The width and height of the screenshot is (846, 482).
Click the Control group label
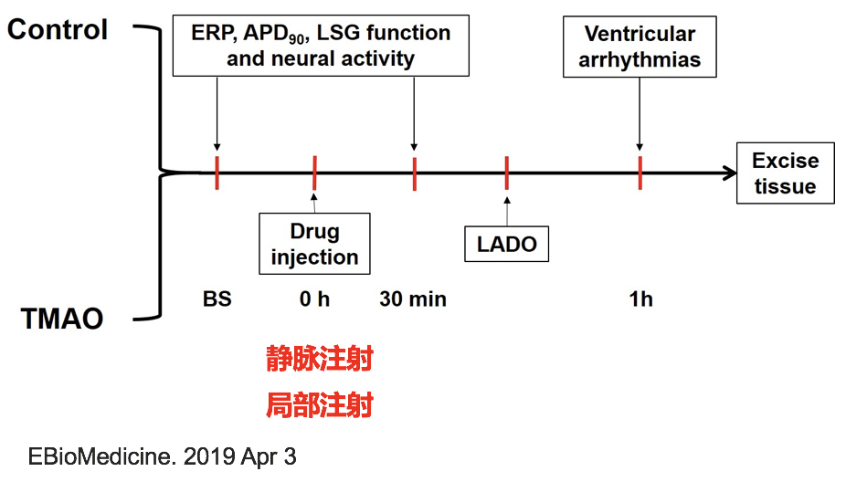coord(58,29)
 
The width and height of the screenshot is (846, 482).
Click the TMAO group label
coord(62,319)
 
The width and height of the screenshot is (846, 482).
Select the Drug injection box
coord(314,244)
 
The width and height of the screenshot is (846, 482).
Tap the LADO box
coord(506,245)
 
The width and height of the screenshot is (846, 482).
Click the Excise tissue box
coord(785,173)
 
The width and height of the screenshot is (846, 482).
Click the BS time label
coord(217,299)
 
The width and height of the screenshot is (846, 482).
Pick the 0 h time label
coord(314,299)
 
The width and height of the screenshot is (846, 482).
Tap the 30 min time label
coord(413,299)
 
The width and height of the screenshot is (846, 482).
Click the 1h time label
coord(640,299)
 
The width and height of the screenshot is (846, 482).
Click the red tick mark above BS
coord(217,173)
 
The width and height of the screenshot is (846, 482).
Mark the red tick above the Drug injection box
coord(314,173)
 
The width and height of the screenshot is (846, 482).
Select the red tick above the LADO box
coord(506,173)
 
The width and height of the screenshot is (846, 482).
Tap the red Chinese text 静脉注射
coord(319,359)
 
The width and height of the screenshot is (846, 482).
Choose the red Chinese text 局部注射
coord(319,404)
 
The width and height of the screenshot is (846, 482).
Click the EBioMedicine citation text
coord(163,456)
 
